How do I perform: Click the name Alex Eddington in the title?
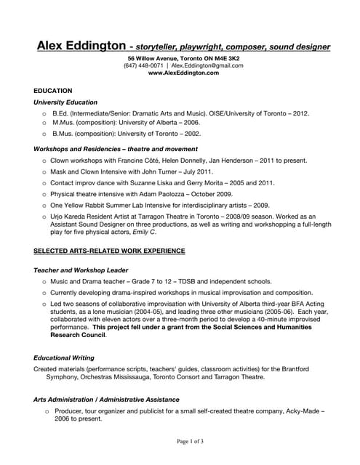[81, 46]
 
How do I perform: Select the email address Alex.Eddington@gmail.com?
[207, 65]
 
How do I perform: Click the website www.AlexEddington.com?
[183, 73]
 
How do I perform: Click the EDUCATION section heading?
[54, 90]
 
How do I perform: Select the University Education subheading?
[65, 102]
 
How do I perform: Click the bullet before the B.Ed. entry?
[44, 114]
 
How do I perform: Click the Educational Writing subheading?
[63, 357]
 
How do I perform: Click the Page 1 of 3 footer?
[180, 441]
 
